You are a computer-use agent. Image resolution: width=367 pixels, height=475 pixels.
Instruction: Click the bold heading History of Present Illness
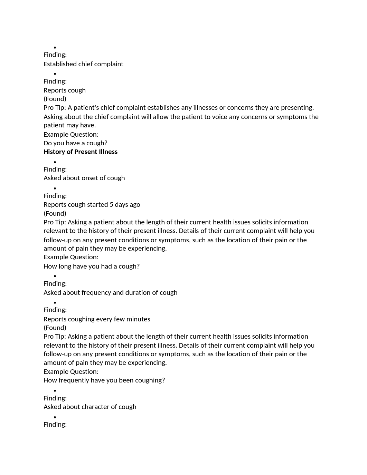(x=81, y=152)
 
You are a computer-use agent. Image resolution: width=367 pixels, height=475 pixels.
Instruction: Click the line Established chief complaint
(x=83, y=64)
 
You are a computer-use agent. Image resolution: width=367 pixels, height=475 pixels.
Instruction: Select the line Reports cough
(x=65, y=90)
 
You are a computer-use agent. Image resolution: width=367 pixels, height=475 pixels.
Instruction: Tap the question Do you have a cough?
(x=75, y=143)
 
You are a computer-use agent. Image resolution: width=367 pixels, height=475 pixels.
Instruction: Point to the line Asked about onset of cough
(x=84, y=178)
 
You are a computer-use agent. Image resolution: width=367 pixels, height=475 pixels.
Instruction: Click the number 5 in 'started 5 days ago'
(x=111, y=205)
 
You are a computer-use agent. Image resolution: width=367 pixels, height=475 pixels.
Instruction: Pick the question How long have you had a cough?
(x=92, y=266)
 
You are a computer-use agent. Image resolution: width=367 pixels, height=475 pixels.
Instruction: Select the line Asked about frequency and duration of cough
(x=110, y=293)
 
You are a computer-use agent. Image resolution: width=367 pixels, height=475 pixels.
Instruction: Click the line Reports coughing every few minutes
(x=97, y=319)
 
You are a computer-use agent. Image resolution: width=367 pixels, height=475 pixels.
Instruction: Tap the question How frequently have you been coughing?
(x=104, y=380)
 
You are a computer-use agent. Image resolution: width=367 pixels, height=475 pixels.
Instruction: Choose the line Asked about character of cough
(x=90, y=407)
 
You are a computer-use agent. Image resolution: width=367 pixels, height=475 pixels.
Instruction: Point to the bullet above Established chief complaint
(x=55, y=48)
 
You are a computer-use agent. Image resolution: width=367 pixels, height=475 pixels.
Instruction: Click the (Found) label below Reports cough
(x=55, y=99)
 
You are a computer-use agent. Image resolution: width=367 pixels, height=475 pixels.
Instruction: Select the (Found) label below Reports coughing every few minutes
(x=55, y=328)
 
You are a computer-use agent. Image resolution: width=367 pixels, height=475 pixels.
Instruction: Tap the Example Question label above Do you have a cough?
(x=71, y=135)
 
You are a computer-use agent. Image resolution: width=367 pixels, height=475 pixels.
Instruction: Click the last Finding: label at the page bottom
(x=55, y=425)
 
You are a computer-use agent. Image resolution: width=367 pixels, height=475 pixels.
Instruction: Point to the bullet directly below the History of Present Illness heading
(x=55, y=162)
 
